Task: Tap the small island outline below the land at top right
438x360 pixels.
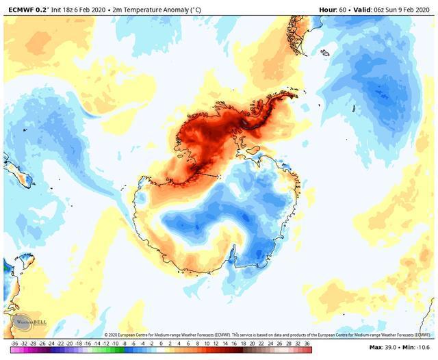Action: click(x=324, y=53)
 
